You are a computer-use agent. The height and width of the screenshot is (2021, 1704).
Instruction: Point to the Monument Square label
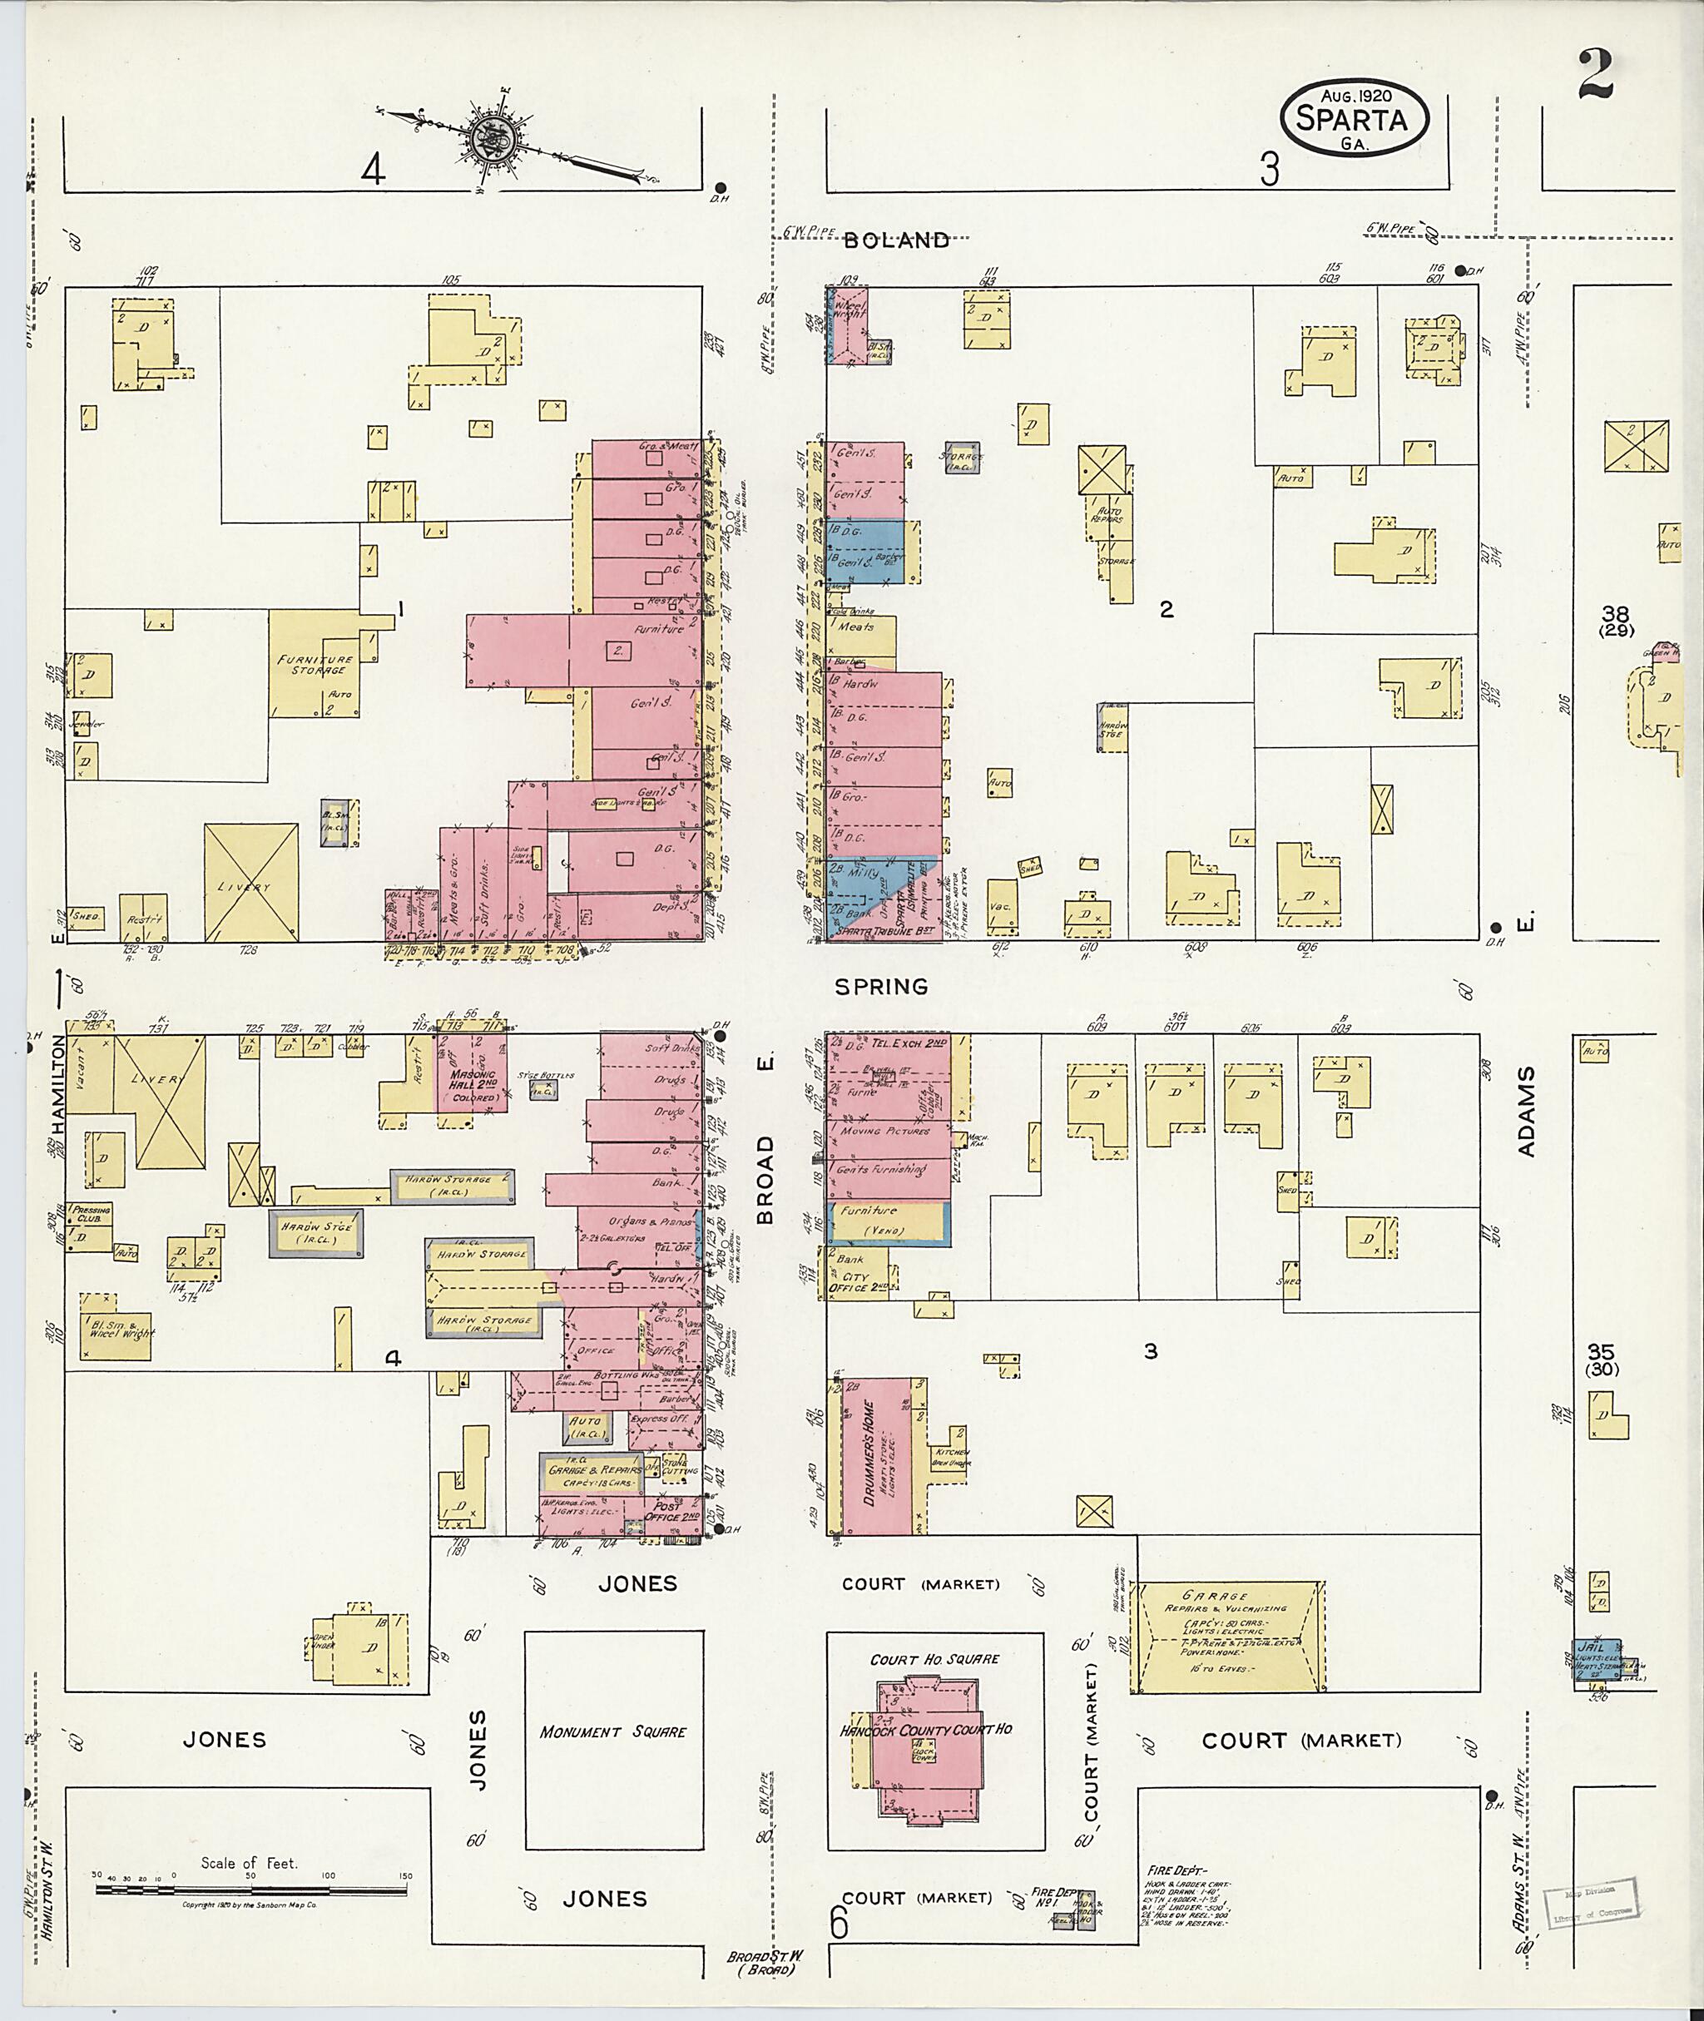coord(612,1732)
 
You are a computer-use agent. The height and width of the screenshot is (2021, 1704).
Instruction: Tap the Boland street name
coord(895,241)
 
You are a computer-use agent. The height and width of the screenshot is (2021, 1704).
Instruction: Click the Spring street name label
coord(881,986)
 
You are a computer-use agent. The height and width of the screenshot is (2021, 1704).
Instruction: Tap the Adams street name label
coord(1525,1112)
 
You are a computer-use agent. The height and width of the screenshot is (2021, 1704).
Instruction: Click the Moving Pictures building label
coord(884,1130)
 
